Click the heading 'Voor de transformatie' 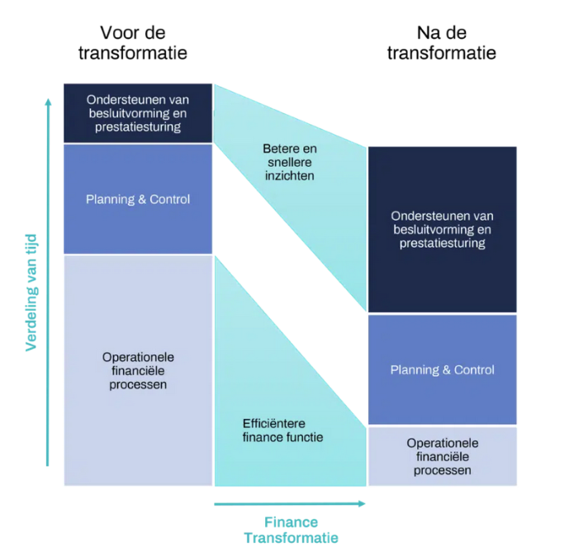[133, 43]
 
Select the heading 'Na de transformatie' [442, 43]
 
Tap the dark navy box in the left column [138, 113]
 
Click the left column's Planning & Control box [138, 199]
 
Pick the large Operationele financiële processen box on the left [138, 370]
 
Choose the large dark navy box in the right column [443, 230]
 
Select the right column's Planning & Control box [443, 369]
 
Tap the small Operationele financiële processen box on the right [443, 456]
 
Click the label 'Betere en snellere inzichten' [290, 162]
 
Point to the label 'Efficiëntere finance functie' [282, 431]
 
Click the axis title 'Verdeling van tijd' [31, 293]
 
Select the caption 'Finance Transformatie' [291, 530]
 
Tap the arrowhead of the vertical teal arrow [48, 102]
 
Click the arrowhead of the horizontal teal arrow [362, 503]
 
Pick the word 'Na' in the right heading [429, 33]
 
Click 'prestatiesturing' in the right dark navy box [443, 243]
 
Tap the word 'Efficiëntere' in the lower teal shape [274, 423]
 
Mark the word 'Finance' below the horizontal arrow [291, 522]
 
